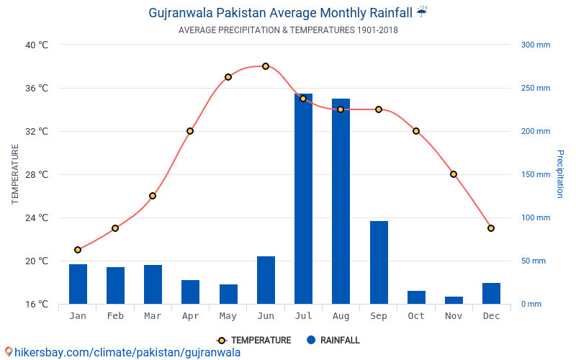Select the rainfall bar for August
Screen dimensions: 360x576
click(341, 201)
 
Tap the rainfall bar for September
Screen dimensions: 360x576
click(379, 262)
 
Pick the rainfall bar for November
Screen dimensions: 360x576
click(454, 300)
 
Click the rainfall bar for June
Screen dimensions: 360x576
click(266, 280)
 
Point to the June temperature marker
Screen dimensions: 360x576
click(266, 66)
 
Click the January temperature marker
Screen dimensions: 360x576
click(78, 250)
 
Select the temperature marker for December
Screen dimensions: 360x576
click(491, 228)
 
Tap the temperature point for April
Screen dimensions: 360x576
click(190, 131)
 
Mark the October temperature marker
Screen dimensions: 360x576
click(416, 131)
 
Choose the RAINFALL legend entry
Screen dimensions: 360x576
click(333, 341)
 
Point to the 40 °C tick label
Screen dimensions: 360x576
click(37, 45)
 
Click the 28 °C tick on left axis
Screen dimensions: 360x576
click(37, 174)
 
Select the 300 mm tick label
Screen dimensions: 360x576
click(535, 45)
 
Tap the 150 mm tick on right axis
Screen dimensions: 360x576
click(535, 174)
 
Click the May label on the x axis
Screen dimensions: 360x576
click(228, 316)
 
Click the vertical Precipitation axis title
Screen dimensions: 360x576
click(559, 174)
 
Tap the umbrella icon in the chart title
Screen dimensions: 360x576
click(422, 12)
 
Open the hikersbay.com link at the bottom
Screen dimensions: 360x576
click(122, 353)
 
